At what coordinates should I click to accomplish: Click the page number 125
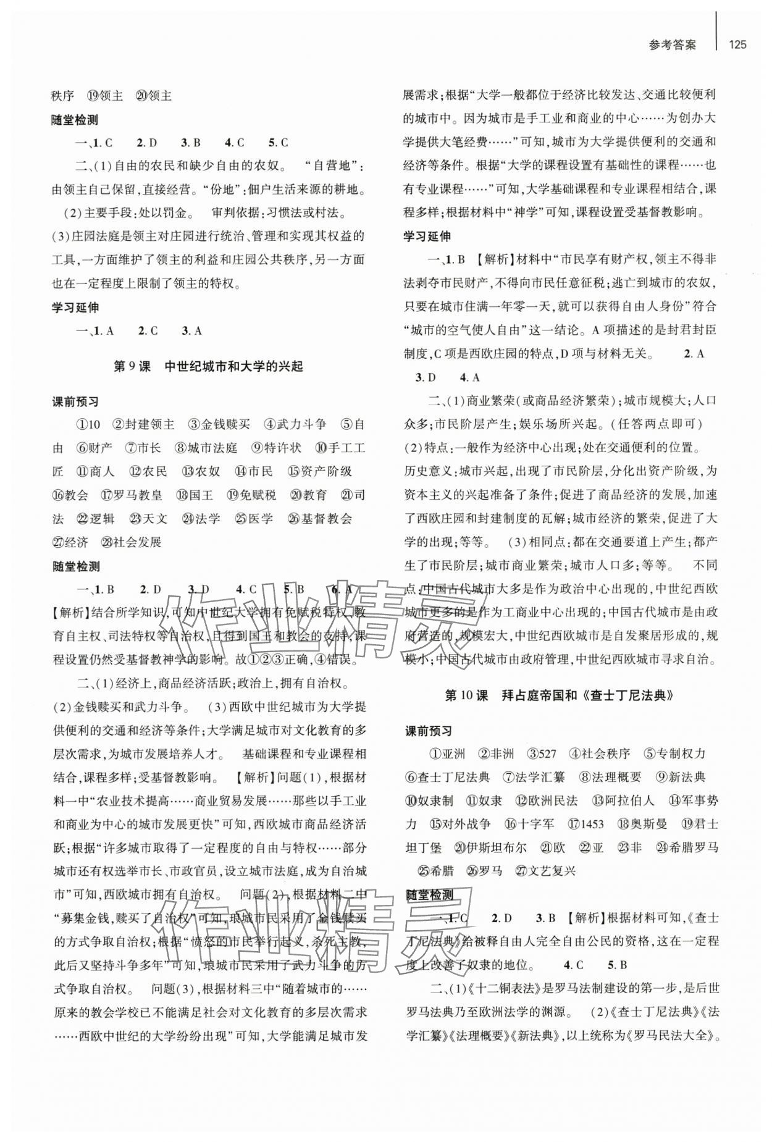(737, 44)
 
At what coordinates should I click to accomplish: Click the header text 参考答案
(673, 45)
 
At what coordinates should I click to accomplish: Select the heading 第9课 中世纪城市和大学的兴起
(209, 366)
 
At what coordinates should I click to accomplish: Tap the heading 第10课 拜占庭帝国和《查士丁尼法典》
(558, 695)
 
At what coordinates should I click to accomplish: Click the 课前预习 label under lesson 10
(428, 731)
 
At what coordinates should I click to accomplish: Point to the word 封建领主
(149, 424)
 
